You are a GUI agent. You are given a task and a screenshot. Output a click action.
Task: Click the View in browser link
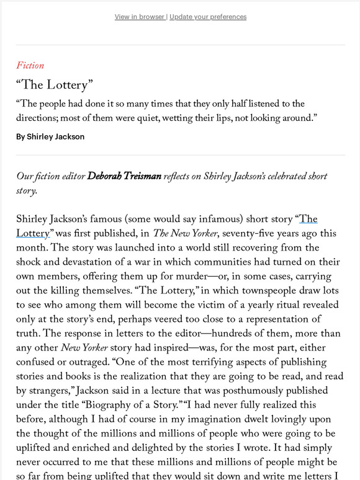140,17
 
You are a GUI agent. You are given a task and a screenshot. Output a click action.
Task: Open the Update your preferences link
208,17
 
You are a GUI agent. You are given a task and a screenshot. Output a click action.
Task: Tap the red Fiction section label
30,65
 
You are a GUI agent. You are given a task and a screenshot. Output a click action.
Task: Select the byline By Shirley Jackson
51,136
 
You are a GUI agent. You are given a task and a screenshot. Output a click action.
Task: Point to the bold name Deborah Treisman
124,177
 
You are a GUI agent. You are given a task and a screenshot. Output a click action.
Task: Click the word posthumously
240,391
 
